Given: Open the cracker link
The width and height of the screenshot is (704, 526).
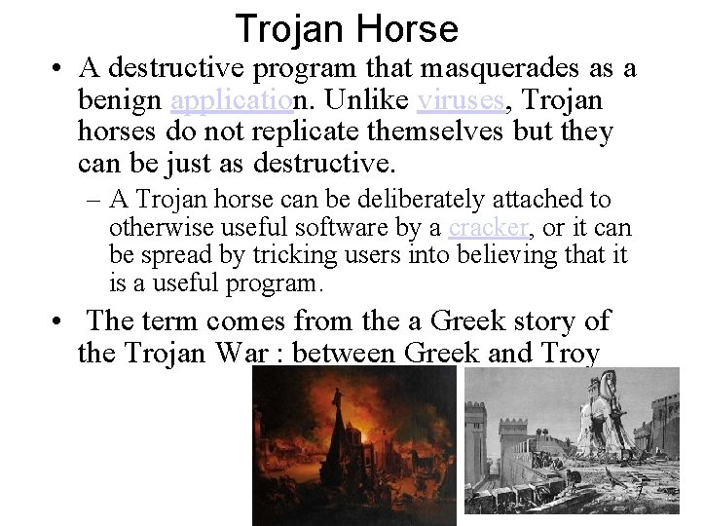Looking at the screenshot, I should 488,229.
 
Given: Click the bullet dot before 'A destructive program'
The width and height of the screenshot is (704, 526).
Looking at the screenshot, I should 60,70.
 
